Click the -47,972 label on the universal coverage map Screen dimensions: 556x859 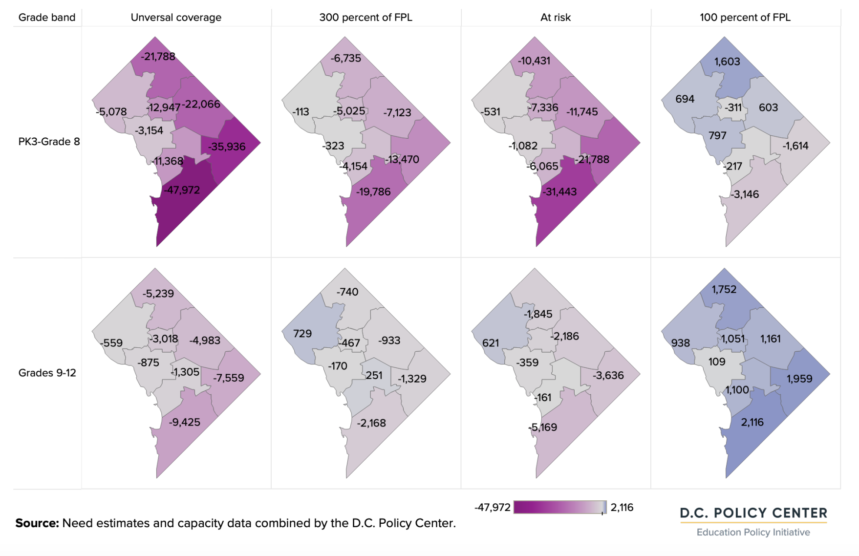(x=181, y=190)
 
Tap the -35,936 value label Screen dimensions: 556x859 (x=227, y=147)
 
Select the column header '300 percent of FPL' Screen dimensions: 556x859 (x=365, y=18)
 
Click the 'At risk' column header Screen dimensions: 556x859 (x=555, y=18)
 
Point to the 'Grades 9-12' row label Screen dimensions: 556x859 (x=47, y=373)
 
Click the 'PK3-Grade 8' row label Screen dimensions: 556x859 (x=49, y=142)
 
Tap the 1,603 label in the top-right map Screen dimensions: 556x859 (x=727, y=62)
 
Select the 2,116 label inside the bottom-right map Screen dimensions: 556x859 (x=752, y=422)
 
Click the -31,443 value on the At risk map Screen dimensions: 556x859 (x=560, y=192)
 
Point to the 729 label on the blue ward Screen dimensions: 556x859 (x=302, y=334)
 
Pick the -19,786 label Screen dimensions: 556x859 (x=373, y=192)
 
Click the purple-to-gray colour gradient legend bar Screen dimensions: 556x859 (x=559, y=507)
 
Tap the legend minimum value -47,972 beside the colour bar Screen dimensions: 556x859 (x=492, y=508)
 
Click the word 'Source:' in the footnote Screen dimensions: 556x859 (x=37, y=523)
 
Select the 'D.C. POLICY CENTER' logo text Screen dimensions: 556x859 (x=753, y=513)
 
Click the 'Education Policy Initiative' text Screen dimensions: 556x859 (x=753, y=532)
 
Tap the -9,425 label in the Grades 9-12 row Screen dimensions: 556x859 (x=184, y=422)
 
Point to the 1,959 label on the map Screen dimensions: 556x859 (x=799, y=379)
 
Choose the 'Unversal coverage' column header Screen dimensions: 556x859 (x=176, y=18)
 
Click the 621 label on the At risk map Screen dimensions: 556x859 (x=491, y=343)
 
